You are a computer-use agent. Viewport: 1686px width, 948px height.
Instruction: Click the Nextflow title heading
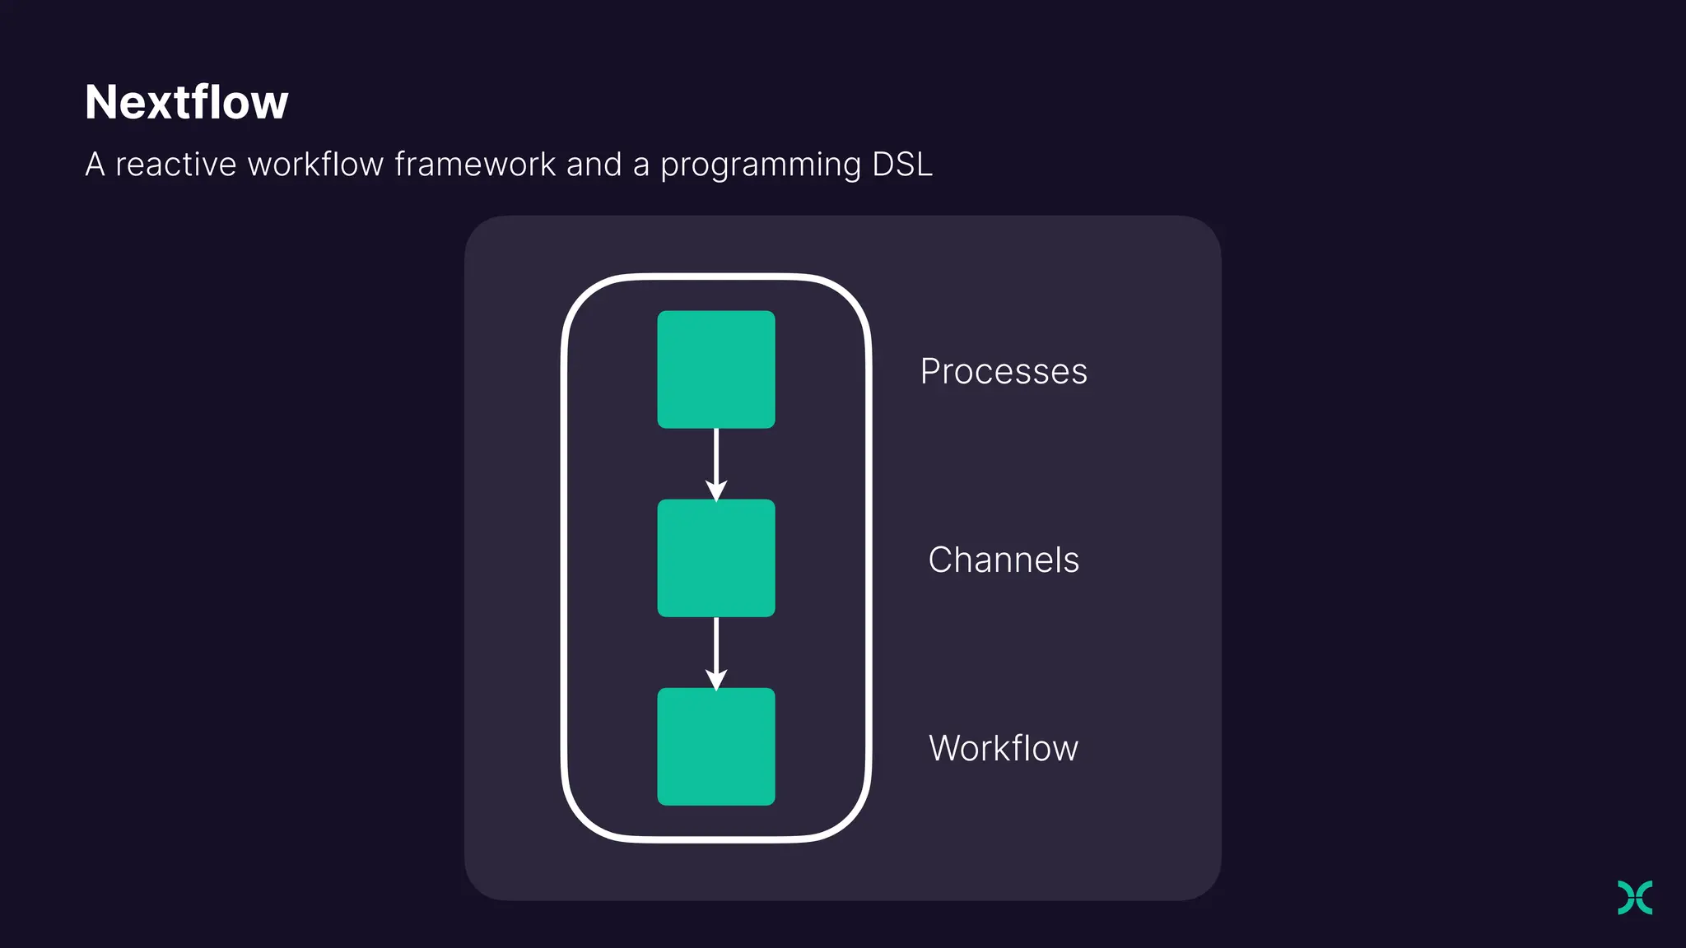(x=187, y=103)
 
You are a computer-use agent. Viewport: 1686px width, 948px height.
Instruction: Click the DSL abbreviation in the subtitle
(x=902, y=165)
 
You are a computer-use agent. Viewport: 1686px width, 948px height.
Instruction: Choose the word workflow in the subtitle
(x=315, y=165)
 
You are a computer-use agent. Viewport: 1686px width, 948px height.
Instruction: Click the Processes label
(x=1004, y=372)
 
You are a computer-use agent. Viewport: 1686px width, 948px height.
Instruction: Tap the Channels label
(x=1004, y=560)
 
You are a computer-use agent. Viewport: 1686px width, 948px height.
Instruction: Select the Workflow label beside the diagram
(x=1004, y=749)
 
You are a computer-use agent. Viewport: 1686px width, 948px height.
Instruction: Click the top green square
(x=715, y=369)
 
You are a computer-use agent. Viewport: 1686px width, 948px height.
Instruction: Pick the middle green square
(x=715, y=558)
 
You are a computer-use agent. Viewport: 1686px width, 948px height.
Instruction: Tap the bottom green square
(x=715, y=746)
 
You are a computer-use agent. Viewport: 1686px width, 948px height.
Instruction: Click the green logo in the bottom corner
(x=1635, y=897)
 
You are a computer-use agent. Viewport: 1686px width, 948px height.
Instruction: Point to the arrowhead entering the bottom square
(x=716, y=679)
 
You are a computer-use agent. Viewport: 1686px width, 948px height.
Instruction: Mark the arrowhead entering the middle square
(x=716, y=490)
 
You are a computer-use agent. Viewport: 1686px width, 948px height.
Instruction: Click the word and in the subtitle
(x=594, y=165)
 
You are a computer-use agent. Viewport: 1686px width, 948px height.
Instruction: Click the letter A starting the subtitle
(x=95, y=165)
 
